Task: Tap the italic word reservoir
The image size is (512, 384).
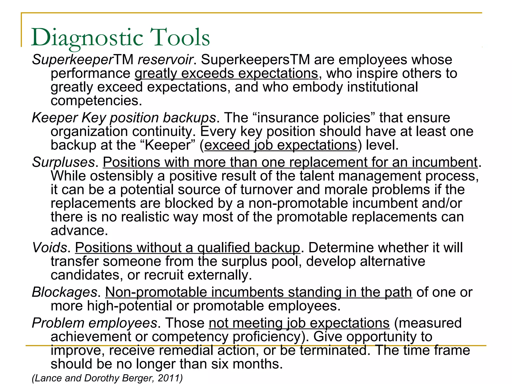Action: click(x=165, y=60)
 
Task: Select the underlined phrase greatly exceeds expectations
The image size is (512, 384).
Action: click(x=226, y=73)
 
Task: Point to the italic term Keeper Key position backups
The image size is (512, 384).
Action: click(x=124, y=118)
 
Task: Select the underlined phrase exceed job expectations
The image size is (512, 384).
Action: click(x=280, y=145)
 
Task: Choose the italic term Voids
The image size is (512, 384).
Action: click(x=49, y=248)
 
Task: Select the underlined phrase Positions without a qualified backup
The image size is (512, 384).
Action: click(x=187, y=248)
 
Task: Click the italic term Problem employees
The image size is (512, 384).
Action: click(x=94, y=323)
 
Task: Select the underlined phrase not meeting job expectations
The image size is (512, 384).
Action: click(x=299, y=323)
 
